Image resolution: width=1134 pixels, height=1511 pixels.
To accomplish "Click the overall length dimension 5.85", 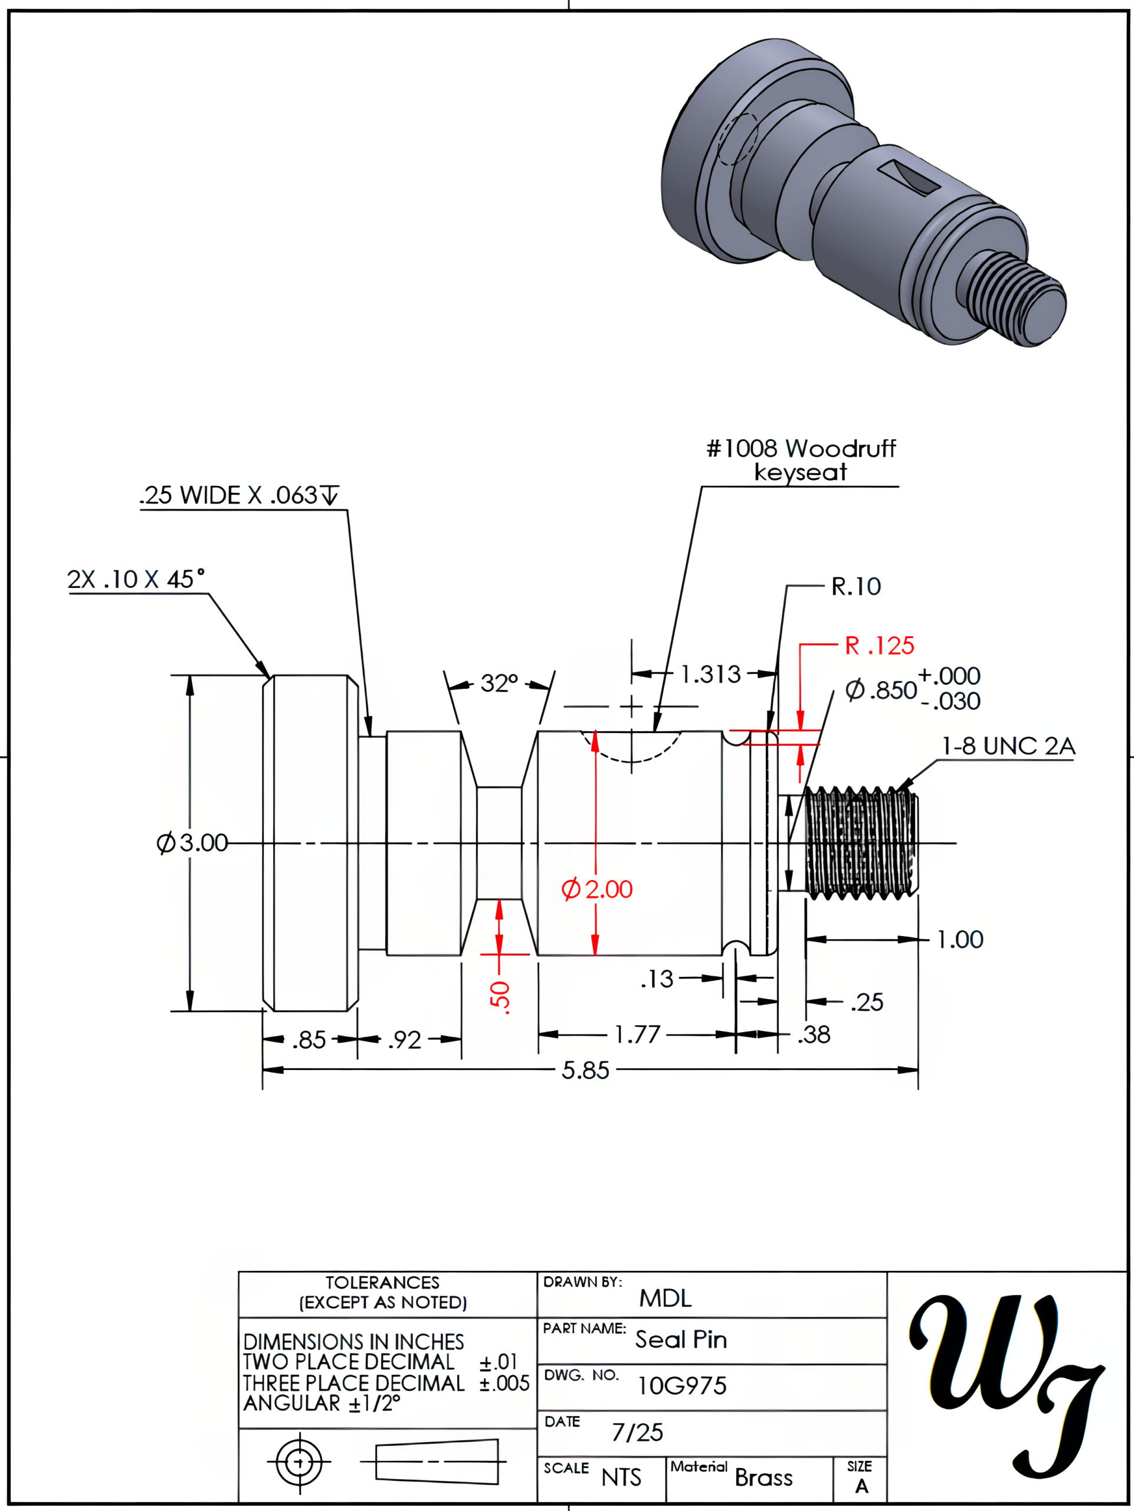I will coord(585,1071).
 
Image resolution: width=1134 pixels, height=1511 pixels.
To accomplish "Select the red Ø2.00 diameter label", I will coord(597,889).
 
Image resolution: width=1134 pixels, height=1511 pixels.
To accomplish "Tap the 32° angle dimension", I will coord(499,683).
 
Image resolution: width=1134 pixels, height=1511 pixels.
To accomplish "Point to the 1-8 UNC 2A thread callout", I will coord(1008,746).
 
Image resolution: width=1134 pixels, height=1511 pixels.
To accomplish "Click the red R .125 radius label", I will coord(879,646).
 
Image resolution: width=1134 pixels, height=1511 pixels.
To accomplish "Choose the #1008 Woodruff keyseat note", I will coord(801,460).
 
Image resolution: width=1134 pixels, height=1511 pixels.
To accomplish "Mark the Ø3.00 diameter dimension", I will coord(192,843).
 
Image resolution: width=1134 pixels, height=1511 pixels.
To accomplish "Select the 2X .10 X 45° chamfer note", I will coord(136,579).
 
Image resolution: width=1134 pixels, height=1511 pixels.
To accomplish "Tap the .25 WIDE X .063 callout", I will coord(238,495).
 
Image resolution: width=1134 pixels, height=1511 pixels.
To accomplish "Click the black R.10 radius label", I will coord(856,586).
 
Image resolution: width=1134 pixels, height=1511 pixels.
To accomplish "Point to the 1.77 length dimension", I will coord(637,1035).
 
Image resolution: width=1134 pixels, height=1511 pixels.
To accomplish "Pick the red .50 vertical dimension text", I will coord(500,997).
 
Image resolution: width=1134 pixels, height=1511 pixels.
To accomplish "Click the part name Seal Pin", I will coord(681,1340).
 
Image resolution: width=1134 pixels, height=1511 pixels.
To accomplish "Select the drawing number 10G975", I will coord(681,1386).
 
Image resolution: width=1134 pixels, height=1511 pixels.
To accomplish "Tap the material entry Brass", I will coord(763,1478).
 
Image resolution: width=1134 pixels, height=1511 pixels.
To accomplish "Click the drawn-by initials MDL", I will coord(665,1298).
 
